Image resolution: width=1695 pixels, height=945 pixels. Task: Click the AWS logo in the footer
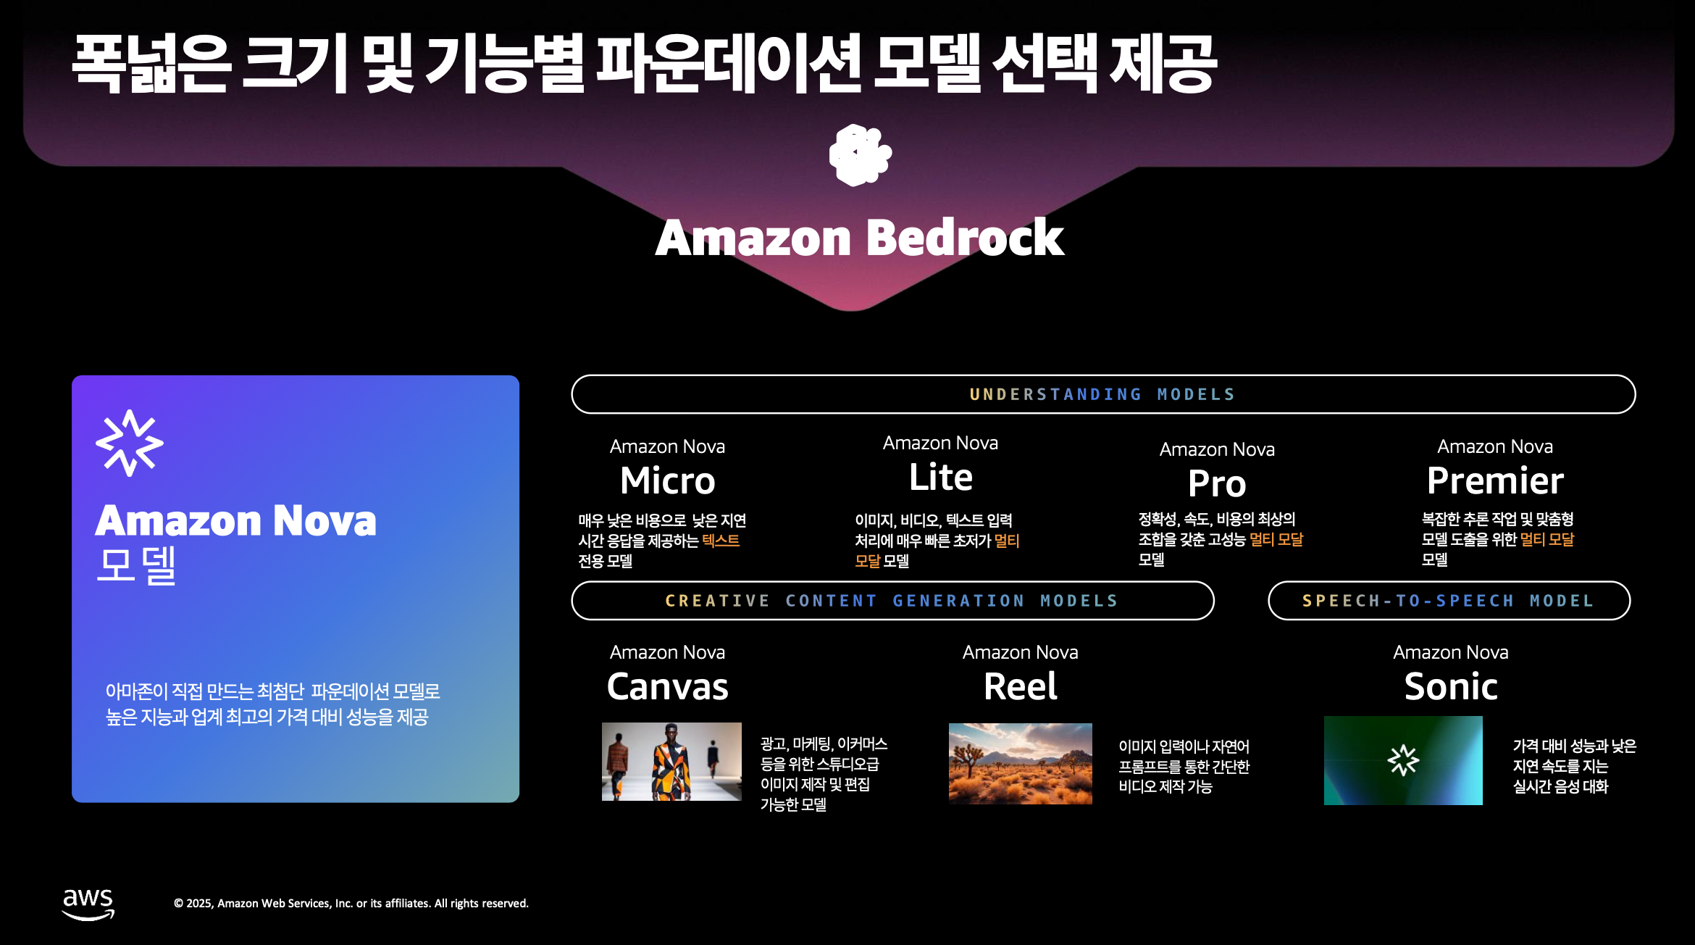[x=88, y=903]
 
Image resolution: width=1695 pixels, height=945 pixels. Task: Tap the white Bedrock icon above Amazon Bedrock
[x=860, y=155]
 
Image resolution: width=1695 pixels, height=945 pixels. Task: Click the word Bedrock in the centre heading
[x=964, y=238]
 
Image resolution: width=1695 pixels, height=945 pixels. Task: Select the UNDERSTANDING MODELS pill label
[x=1102, y=394]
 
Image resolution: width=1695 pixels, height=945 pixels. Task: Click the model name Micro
[x=667, y=480]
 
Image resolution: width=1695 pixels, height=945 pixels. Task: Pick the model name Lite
[x=940, y=477]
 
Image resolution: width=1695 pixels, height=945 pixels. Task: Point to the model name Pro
[x=1217, y=483]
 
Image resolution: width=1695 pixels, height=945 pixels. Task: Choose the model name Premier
[x=1494, y=480]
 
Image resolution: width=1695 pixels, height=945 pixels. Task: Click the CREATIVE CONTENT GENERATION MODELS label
[x=892, y=601]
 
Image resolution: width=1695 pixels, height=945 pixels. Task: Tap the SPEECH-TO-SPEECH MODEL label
[x=1448, y=601]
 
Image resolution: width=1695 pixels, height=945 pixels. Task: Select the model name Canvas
[x=667, y=686]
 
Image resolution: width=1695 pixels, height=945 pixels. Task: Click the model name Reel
[x=1020, y=686]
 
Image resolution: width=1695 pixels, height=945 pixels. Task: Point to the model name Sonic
[x=1451, y=686]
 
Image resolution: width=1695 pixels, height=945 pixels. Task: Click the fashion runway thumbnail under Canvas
[x=671, y=761]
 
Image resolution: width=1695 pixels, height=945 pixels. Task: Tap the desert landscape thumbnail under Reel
[x=1020, y=763]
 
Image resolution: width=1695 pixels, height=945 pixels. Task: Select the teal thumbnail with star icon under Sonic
[x=1403, y=760]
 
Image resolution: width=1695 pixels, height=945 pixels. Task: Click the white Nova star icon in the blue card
[x=130, y=443]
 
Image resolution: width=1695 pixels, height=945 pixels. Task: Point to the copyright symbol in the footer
[x=178, y=904]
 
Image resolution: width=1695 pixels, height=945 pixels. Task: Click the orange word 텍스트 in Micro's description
[x=721, y=541]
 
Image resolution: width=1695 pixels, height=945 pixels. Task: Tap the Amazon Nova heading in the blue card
[x=235, y=520]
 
